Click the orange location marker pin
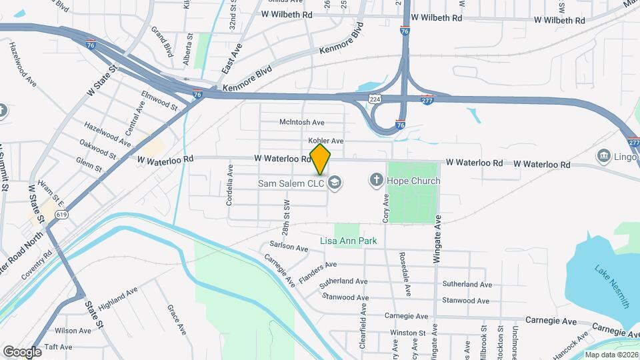click(x=320, y=159)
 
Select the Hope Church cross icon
click(x=376, y=180)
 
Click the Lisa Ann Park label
click(x=349, y=241)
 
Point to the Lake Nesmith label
click(x=612, y=286)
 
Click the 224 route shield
click(x=376, y=99)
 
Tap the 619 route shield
click(x=62, y=215)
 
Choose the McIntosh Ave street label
click(x=301, y=122)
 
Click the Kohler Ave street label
click(x=325, y=141)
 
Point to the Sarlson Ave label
click(x=288, y=247)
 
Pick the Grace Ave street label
click(x=176, y=319)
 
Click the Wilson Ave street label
click(x=73, y=330)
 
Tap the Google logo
click(x=21, y=351)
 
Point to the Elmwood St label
click(x=159, y=101)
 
